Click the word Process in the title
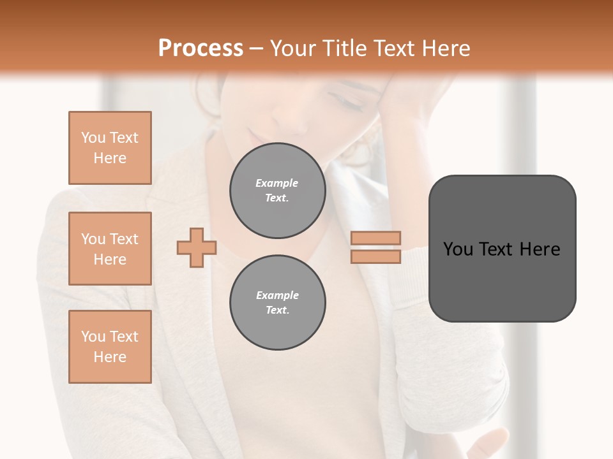[201, 48]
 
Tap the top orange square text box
[110, 148]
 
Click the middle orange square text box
[110, 249]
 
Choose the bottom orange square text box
[110, 347]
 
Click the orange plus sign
[197, 247]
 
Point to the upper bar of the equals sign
[375, 238]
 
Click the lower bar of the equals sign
[375, 256]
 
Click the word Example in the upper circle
[277, 183]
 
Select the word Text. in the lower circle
[277, 310]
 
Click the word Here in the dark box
[540, 249]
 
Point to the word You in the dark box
[459, 249]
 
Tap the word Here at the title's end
[446, 48]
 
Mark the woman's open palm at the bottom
[485, 443]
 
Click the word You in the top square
[93, 138]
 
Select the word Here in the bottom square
[110, 357]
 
